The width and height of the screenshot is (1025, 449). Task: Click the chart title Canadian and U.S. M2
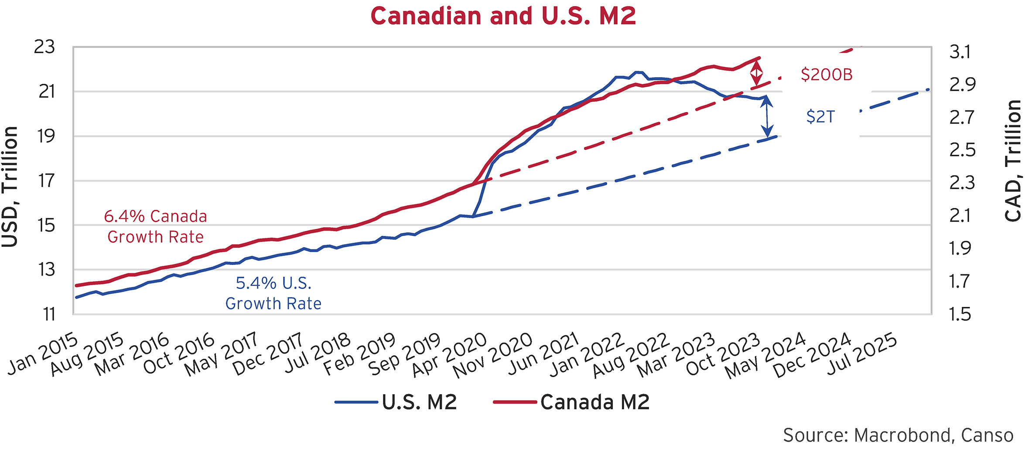coord(503,16)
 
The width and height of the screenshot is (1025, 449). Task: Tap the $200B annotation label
coord(826,75)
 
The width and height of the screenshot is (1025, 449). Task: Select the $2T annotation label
coord(820,117)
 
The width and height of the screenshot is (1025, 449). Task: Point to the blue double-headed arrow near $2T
coord(767,116)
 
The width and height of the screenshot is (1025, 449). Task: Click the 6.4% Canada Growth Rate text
coord(155,227)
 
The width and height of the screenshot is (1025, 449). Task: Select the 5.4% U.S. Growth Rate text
coord(273,293)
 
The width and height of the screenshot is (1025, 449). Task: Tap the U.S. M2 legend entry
coord(396,402)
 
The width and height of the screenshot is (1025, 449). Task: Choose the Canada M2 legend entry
coord(571,402)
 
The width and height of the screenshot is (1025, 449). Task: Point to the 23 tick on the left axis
coord(44,47)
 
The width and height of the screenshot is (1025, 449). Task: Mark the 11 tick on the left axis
coord(49,314)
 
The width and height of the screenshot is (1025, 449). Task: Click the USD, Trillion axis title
coord(10,187)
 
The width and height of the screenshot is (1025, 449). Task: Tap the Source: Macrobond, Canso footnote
coord(898,435)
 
